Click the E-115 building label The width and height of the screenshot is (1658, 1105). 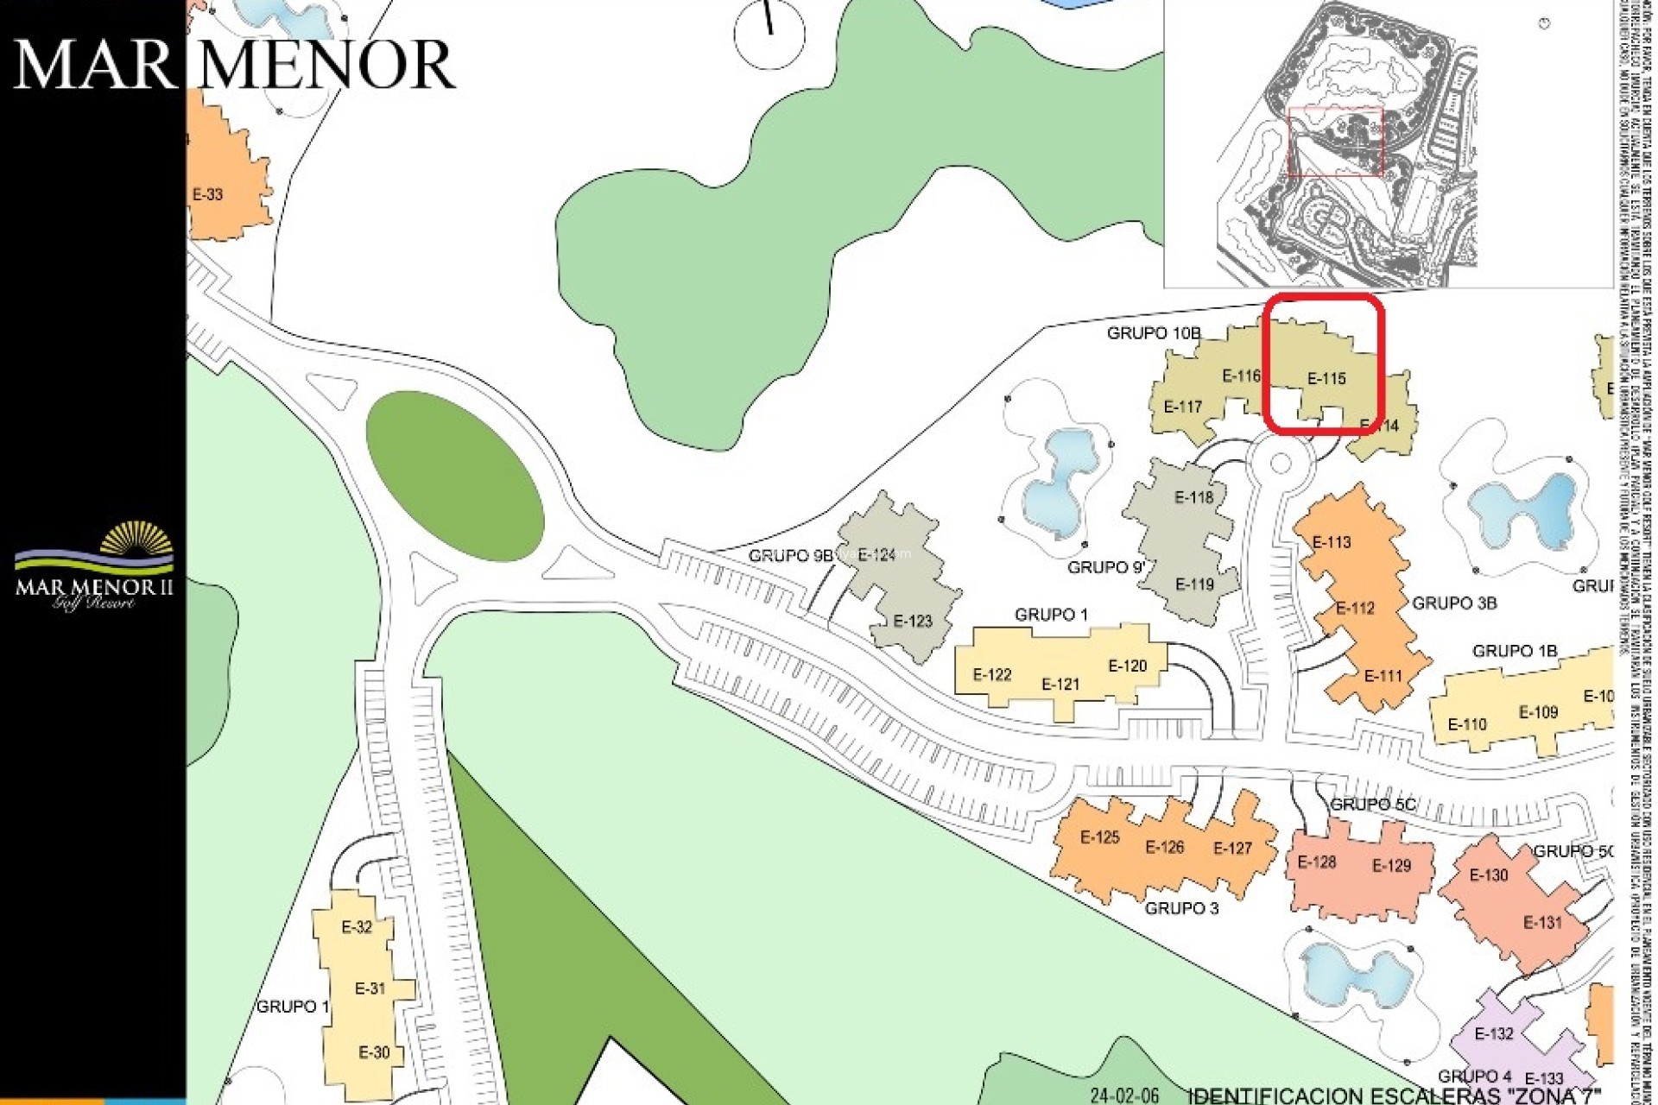[x=1326, y=378]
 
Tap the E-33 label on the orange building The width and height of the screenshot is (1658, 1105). [x=207, y=194]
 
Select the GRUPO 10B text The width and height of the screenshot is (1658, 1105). [x=1154, y=333]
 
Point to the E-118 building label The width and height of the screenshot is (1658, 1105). [x=1193, y=497]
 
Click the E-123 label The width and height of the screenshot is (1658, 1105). [x=913, y=621]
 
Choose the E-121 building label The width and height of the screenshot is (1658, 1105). [x=1060, y=685]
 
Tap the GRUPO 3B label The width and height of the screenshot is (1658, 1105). [x=1454, y=603]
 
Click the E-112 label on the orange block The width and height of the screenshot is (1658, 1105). [x=1355, y=609]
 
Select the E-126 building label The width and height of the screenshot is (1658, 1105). [x=1164, y=848]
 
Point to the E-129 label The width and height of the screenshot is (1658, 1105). [x=1391, y=866]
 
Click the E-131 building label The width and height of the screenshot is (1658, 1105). [x=1542, y=923]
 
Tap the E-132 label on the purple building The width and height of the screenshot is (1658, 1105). [x=1493, y=1034]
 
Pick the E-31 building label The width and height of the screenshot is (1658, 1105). [x=370, y=988]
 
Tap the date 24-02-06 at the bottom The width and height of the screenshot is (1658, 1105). [x=1123, y=1096]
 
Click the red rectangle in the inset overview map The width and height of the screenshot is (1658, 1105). [x=1335, y=141]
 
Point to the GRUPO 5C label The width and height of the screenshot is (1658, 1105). [x=1372, y=805]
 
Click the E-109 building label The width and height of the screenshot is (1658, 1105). [x=1538, y=712]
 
